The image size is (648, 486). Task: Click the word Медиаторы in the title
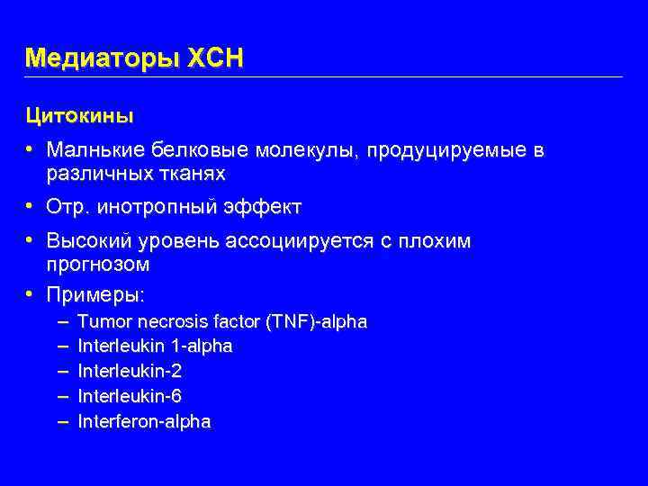pos(104,58)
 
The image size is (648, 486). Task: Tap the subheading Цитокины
pos(79,116)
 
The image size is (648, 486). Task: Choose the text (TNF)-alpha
pos(324,321)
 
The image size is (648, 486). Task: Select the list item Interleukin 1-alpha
pos(155,346)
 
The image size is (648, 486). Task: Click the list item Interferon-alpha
pos(144,421)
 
